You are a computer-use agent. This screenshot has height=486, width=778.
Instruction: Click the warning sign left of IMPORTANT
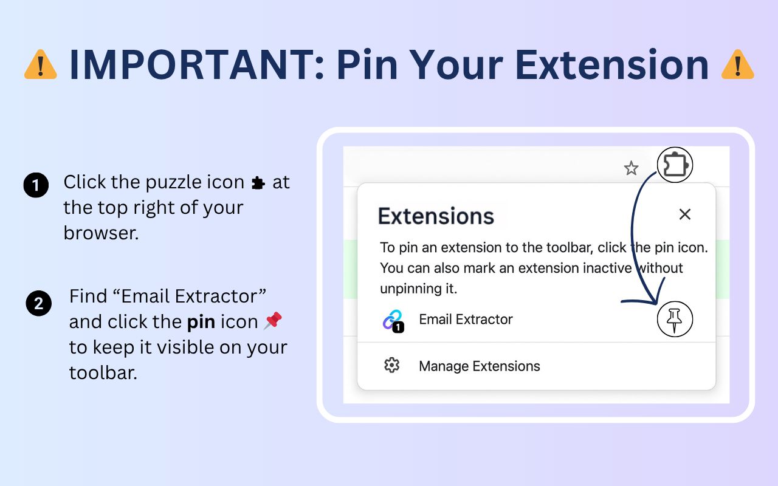coord(41,64)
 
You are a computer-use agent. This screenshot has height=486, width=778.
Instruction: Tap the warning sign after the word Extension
coord(737,64)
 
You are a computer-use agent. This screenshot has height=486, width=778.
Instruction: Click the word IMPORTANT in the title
coord(197,64)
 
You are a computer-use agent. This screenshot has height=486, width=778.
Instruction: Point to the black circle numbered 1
coord(36,185)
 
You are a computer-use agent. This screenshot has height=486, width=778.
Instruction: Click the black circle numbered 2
coord(38,303)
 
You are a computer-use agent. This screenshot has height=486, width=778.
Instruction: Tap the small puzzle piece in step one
coord(258,183)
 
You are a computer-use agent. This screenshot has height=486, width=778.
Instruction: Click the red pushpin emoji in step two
coord(273,320)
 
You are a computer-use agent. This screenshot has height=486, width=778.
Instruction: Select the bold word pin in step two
coord(201,322)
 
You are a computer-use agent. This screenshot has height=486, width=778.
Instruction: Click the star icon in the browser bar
coord(632,168)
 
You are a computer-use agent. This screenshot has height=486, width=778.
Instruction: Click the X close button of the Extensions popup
coord(685,214)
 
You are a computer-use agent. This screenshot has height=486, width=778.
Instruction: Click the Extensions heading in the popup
coord(436,216)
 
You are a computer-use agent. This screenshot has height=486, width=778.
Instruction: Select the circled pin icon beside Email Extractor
coord(675,320)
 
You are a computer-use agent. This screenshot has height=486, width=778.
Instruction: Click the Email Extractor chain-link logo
coord(393,320)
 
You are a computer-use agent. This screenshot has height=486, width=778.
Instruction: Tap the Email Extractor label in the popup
coord(466,320)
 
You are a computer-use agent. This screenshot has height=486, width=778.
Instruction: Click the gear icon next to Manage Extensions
coord(392,365)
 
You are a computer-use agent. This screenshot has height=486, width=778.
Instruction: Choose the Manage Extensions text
coord(479,366)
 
